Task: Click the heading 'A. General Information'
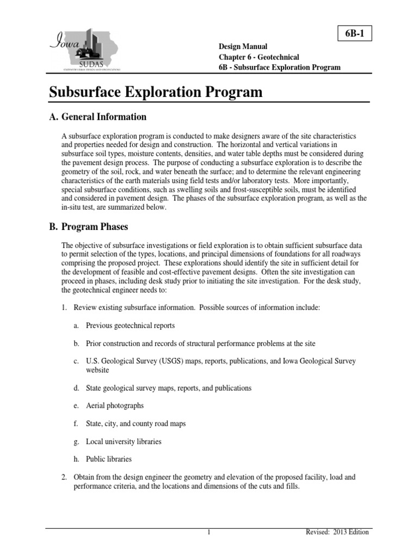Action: pos(98,117)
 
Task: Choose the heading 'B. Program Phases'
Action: pos(89,226)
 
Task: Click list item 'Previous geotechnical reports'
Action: pos(130,325)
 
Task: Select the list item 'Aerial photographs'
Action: pos(115,406)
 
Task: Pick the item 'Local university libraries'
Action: pos(124,441)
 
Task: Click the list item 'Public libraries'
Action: pos(109,459)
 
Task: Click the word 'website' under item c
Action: pos(97,370)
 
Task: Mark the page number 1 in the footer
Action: pos(209,532)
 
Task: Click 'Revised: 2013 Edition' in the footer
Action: pos(337,532)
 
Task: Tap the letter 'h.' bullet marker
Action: pos(76,459)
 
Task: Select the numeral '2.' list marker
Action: pos(64,477)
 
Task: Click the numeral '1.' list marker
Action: pos(64,307)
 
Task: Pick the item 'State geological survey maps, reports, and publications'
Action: pos(169,388)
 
